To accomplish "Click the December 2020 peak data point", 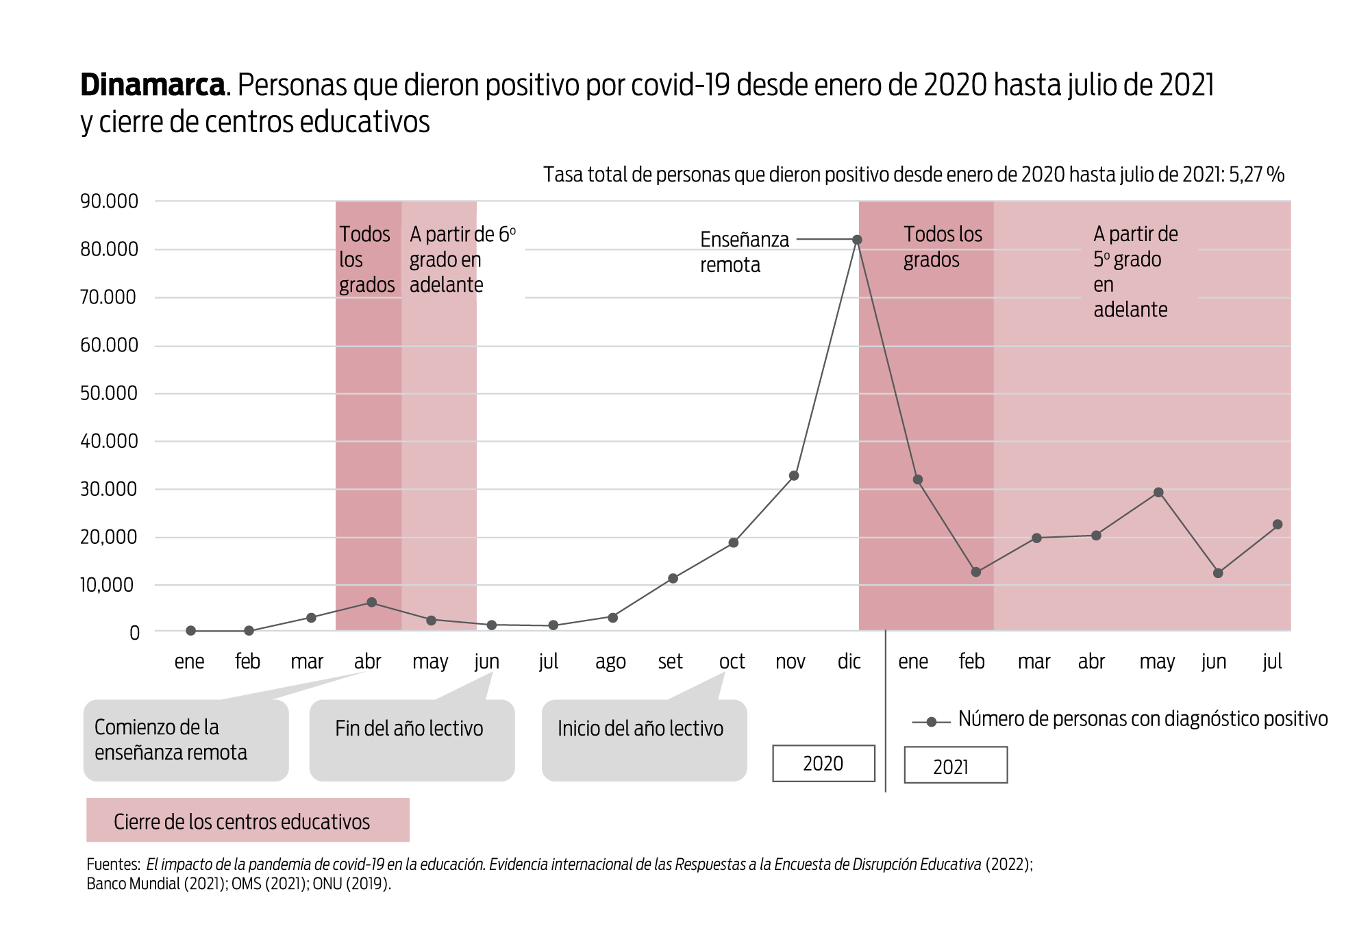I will pos(857,240).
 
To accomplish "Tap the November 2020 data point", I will pos(794,475).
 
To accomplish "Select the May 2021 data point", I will pos(1158,492).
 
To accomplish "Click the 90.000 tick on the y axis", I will pos(110,201).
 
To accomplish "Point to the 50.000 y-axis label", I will pos(110,393).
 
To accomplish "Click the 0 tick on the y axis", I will pos(134,633).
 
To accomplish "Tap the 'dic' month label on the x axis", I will pos(849,662).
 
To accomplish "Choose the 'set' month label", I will pos(670,662).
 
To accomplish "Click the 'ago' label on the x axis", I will pos(610,662).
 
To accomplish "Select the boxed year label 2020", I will pos(823,763).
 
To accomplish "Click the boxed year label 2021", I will pos(955,765).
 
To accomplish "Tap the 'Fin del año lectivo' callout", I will pos(412,739).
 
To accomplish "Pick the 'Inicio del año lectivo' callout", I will pos(644,739).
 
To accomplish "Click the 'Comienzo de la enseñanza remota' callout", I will pos(186,740).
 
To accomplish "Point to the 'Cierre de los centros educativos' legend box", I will pos(247,820).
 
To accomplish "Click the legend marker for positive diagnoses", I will pos(931,722).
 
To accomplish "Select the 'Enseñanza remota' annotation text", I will pos(744,252).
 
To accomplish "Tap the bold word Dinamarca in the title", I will pos(153,86).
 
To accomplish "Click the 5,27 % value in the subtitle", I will pos(1256,175).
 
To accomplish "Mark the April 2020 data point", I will pos(371,602).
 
